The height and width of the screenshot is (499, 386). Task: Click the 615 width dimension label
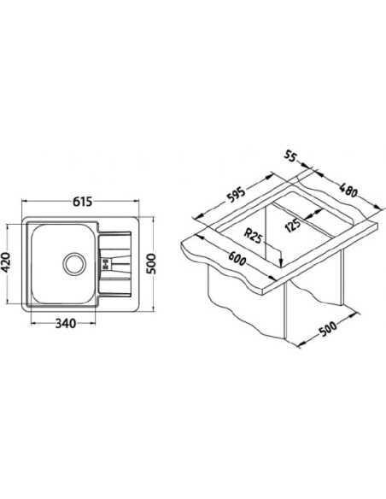click(x=82, y=202)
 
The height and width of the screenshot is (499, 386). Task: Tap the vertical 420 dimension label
click(x=7, y=263)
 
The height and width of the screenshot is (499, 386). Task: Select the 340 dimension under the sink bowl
click(x=66, y=323)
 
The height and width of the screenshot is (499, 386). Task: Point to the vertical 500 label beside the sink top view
click(x=152, y=264)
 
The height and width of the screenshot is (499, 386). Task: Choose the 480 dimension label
click(x=348, y=191)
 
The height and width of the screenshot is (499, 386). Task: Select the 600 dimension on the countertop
click(x=236, y=257)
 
